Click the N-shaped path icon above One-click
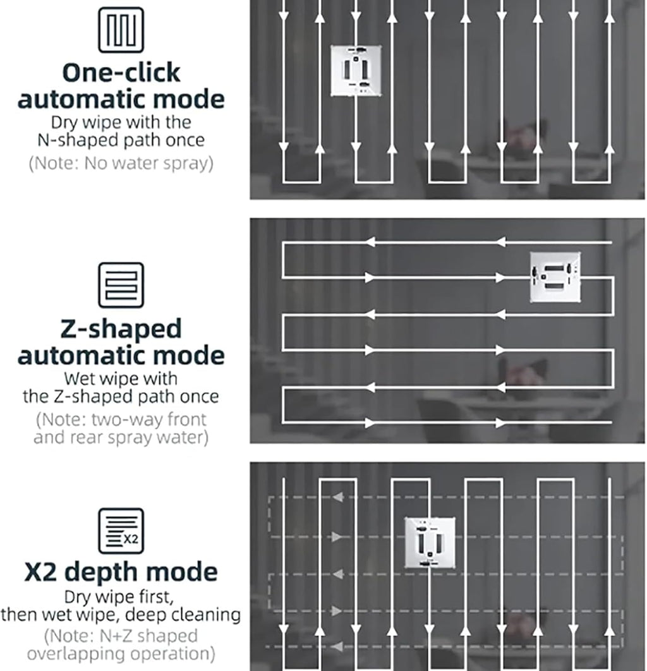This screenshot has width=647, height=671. [121, 30]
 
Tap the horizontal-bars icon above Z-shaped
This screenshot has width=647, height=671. [121, 285]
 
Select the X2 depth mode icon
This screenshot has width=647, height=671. [121, 531]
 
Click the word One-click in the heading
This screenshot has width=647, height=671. [121, 72]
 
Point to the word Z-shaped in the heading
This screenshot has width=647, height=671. [121, 330]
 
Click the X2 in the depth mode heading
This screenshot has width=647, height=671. [40, 572]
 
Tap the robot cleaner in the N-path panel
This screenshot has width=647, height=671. [356, 71]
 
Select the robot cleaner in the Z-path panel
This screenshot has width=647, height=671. [555, 277]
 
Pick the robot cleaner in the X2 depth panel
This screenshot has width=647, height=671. [430, 543]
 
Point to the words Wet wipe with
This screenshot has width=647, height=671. [121, 378]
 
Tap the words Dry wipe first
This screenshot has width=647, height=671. [119, 597]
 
